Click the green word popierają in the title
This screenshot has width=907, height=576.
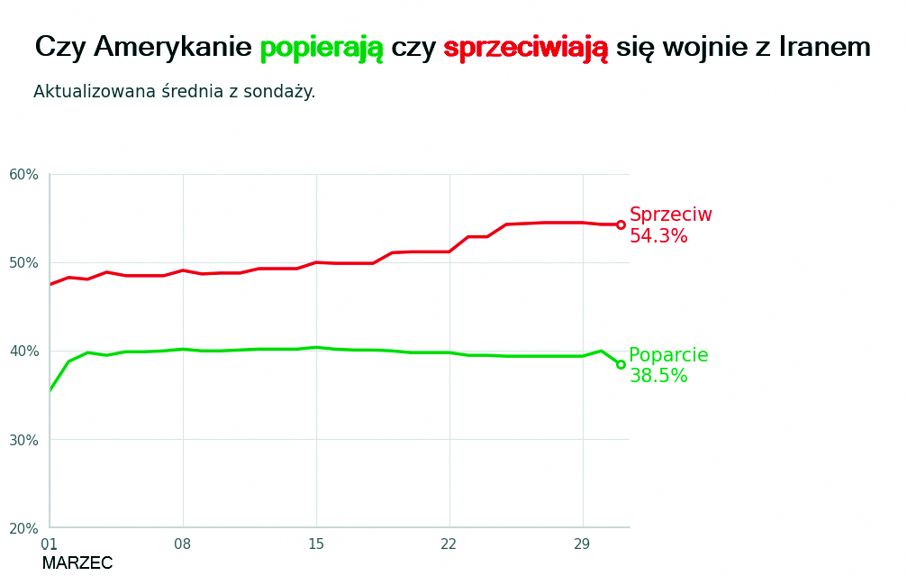[x=321, y=48]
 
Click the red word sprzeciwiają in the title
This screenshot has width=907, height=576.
[x=525, y=48]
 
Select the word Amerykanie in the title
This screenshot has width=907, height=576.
[x=172, y=48]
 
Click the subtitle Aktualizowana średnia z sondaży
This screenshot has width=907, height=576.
[x=174, y=92]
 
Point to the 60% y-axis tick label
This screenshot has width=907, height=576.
[x=24, y=175]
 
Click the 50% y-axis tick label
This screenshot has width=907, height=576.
[x=24, y=263]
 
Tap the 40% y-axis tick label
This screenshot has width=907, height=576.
[x=24, y=352]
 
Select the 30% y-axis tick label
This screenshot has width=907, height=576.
[x=24, y=440]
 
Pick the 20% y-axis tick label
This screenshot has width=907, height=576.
[x=24, y=528]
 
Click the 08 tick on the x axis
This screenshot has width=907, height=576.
[x=183, y=544]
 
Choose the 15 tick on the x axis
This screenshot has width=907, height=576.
[x=316, y=544]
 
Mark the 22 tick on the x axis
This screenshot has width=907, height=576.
[x=449, y=544]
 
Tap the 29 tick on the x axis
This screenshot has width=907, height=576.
[x=582, y=544]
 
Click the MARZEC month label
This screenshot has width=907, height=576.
[x=77, y=563]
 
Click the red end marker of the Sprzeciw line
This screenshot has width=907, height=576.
[x=621, y=224]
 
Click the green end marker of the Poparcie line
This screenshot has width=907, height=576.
[x=621, y=364]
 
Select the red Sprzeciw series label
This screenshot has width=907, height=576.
[x=670, y=215]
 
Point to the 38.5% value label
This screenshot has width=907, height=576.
[x=658, y=377]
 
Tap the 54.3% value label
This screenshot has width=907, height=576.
[x=658, y=237]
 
